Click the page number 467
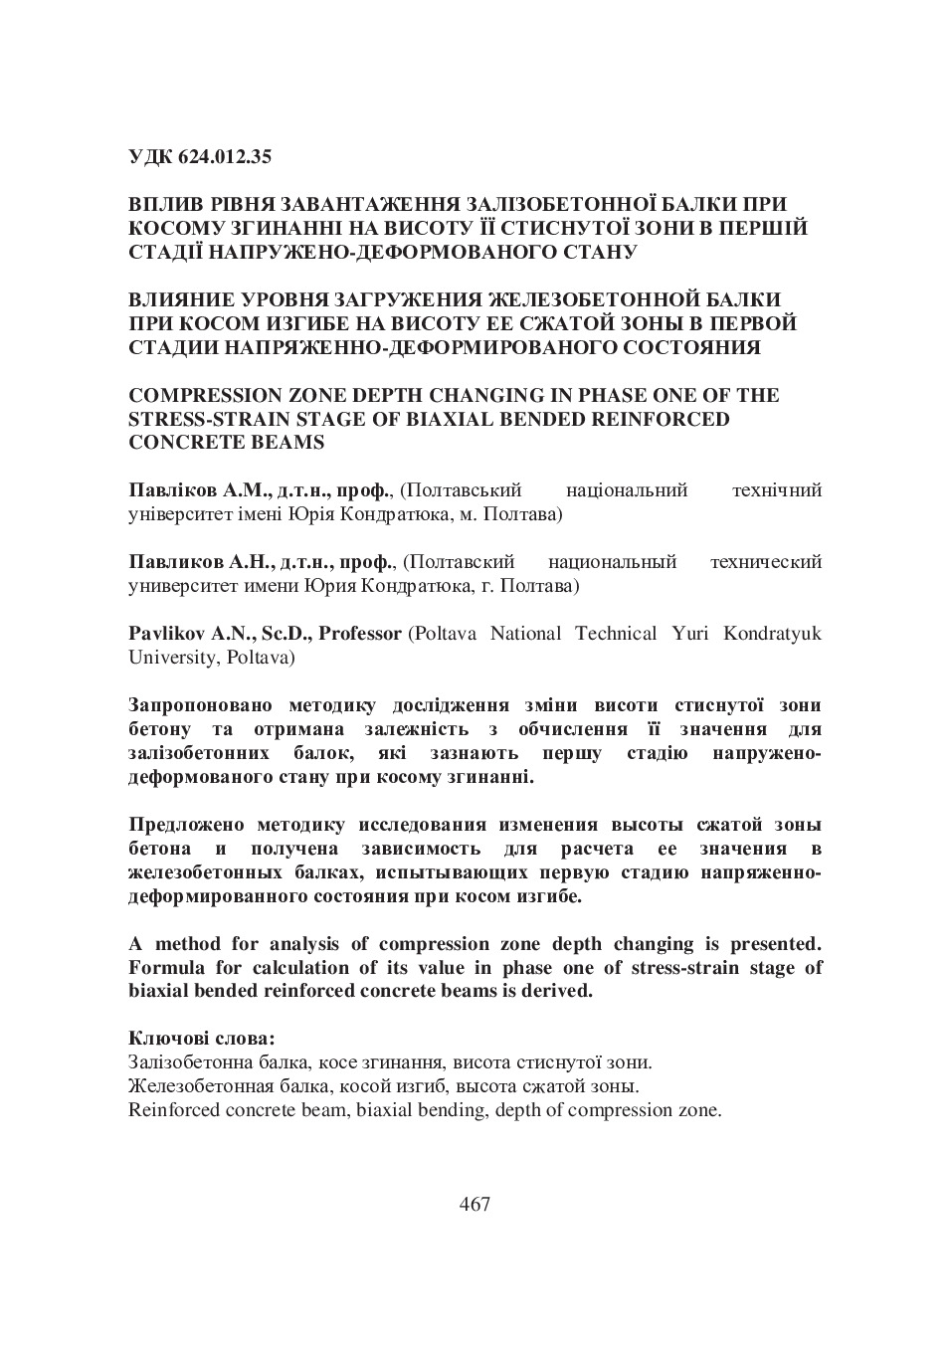tap(475, 1204)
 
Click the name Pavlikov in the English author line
tap(165, 634)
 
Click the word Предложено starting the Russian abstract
tap(186, 825)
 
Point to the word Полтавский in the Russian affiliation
tap(466, 562)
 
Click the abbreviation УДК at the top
tap(150, 156)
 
